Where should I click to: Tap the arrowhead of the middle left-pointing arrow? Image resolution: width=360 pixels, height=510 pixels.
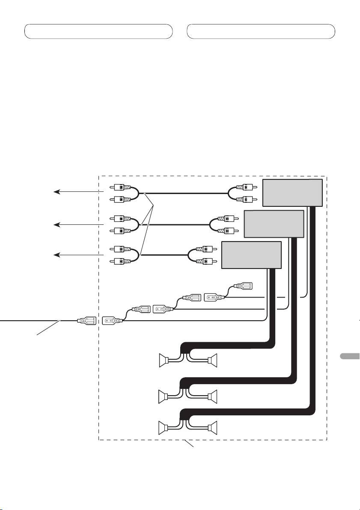[54, 224]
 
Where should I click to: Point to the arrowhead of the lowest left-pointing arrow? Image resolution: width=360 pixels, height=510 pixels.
[54, 255]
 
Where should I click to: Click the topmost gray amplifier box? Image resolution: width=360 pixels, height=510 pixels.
[292, 193]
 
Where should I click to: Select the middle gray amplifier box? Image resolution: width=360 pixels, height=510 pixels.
[274, 224]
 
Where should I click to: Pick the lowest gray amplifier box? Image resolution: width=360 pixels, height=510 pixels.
[251, 255]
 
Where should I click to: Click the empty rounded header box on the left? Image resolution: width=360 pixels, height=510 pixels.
[98, 31]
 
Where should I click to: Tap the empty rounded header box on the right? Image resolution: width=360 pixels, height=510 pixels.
[261, 31]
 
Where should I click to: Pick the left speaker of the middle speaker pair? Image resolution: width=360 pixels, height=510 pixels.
[163, 396]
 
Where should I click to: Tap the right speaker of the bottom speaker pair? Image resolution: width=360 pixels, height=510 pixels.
[213, 427]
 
